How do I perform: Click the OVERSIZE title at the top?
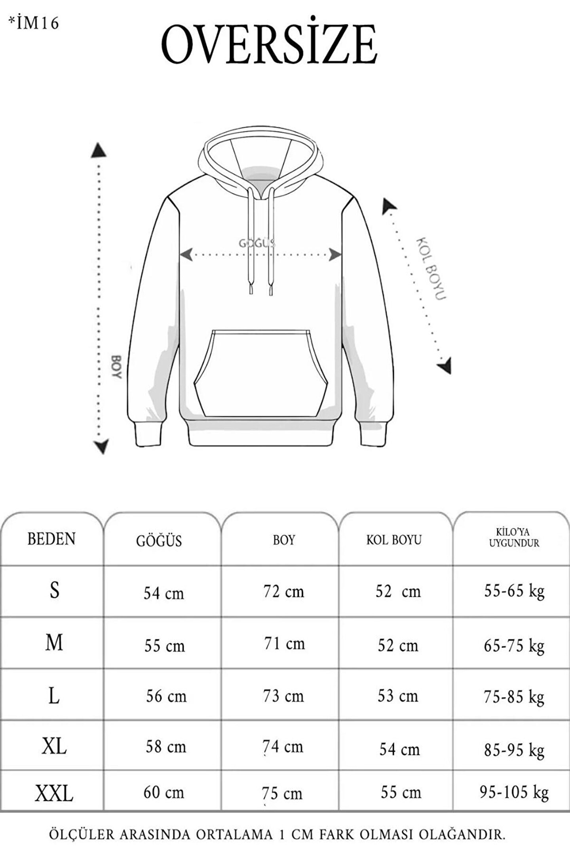270,44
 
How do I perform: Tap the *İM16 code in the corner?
34,23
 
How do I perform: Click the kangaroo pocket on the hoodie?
261,373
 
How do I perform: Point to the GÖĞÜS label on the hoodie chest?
257,243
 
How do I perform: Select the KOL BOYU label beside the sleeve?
431,269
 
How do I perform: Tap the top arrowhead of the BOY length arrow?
99,151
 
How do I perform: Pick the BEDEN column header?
51,539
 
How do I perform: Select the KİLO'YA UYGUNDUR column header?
514,538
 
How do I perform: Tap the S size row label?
55,590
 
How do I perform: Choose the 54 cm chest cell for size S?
164,593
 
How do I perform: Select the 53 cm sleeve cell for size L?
398,696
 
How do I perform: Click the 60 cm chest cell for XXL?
164,792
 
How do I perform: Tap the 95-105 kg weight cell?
514,792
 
